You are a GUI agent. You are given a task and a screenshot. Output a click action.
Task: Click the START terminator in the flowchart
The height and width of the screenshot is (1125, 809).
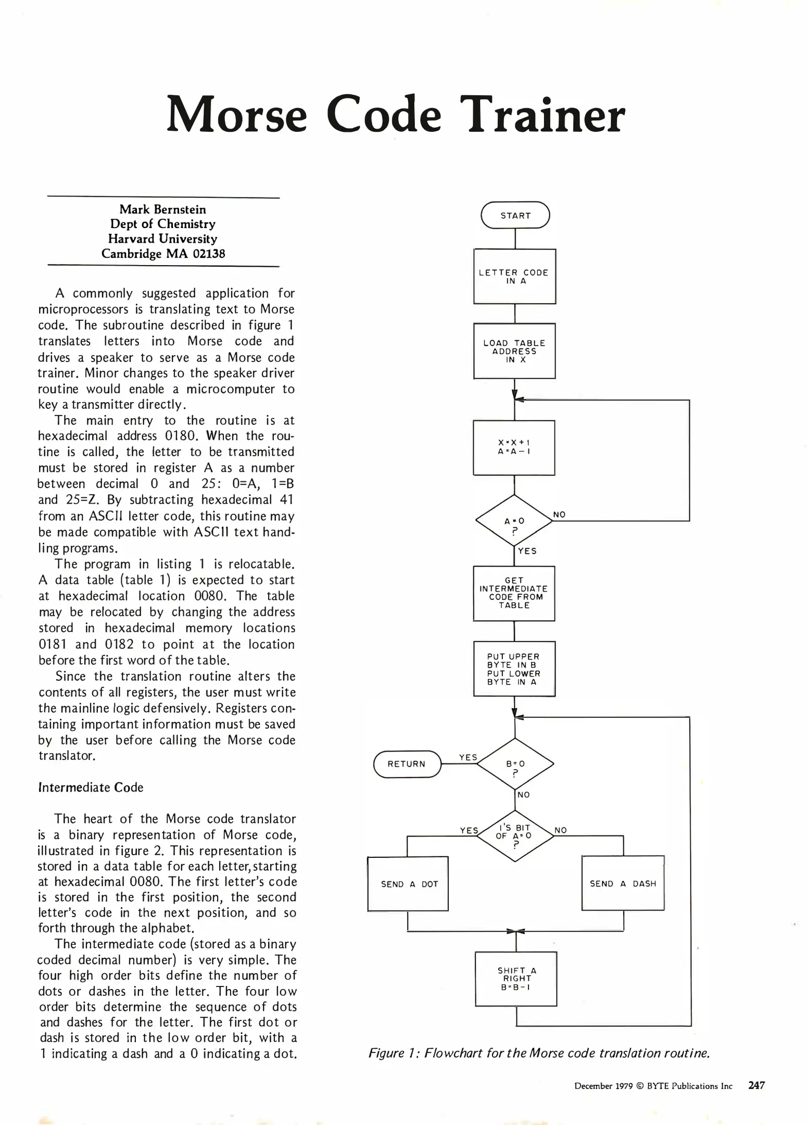tap(515, 215)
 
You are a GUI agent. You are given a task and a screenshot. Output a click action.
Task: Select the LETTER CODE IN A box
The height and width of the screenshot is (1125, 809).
tap(514, 277)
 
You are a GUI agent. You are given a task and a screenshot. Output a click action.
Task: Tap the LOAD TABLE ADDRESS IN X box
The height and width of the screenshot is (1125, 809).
tap(514, 351)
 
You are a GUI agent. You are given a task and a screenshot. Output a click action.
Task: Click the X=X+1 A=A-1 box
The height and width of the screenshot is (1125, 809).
tap(514, 448)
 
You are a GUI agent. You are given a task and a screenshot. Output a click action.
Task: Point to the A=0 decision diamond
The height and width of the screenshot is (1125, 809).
tap(514, 521)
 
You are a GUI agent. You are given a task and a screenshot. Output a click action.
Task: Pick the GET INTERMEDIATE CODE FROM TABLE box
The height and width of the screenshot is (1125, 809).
tap(514, 593)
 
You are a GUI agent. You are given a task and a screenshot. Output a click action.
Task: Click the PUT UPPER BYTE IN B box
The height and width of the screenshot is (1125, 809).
tap(514, 669)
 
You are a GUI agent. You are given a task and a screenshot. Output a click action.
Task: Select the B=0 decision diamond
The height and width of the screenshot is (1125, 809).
tap(515, 764)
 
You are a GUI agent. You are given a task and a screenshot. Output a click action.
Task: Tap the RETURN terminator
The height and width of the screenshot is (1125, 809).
tap(407, 764)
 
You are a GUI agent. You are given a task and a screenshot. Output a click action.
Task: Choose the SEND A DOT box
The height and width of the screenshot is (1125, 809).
tap(408, 884)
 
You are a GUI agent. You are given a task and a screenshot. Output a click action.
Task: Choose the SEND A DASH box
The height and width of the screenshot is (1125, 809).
tap(623, 883)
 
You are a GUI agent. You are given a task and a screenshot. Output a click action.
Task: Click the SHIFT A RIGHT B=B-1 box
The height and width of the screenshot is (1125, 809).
tap(515, 979)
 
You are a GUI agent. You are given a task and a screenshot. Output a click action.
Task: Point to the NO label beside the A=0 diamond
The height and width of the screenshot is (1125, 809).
tap(559, 515)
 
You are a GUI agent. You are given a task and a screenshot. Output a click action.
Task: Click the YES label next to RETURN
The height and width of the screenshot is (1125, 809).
tap(468, 757)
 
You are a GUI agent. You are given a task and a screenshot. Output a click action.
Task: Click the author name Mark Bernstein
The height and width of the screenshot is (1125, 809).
tap(162, 209)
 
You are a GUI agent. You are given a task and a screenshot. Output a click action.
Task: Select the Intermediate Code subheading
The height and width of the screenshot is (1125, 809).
tap(91, 787)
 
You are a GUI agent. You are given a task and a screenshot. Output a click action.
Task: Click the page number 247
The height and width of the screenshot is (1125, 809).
tap(756, 1085)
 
